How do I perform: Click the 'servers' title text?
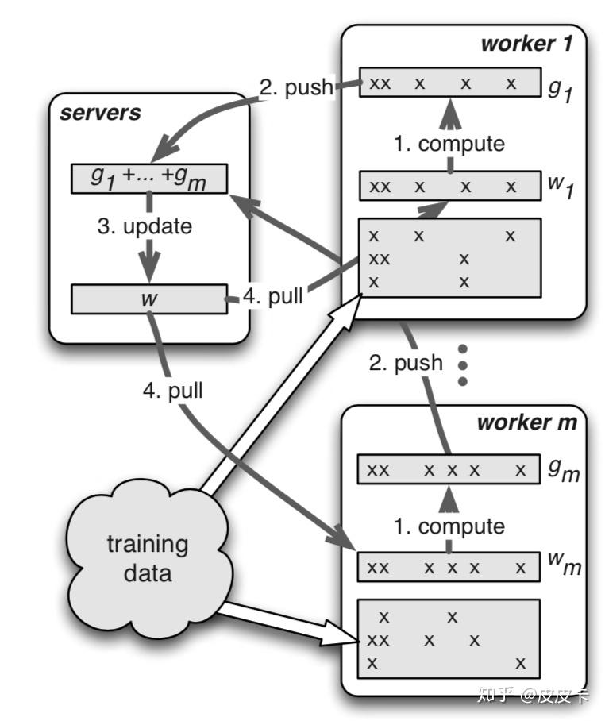100,113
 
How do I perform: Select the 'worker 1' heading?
526,43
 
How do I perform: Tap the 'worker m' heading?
526,422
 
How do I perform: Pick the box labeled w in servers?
149,299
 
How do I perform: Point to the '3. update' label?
145,226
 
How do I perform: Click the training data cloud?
148,557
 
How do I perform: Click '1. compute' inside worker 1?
449,144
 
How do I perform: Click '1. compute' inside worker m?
449,526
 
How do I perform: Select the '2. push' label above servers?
295,87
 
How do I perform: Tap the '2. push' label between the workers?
406,363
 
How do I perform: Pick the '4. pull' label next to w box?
272,296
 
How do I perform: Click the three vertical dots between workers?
463,365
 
